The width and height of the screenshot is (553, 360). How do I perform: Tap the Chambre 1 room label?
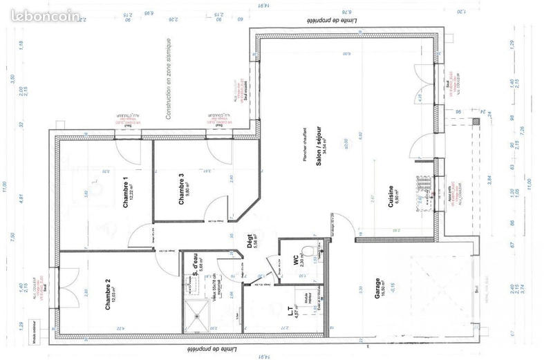click(x=127, y=194)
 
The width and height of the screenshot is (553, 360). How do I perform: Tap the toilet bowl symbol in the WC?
click(x=317, y=247)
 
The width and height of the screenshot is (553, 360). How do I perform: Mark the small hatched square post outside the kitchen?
click(x=474, y=120)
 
